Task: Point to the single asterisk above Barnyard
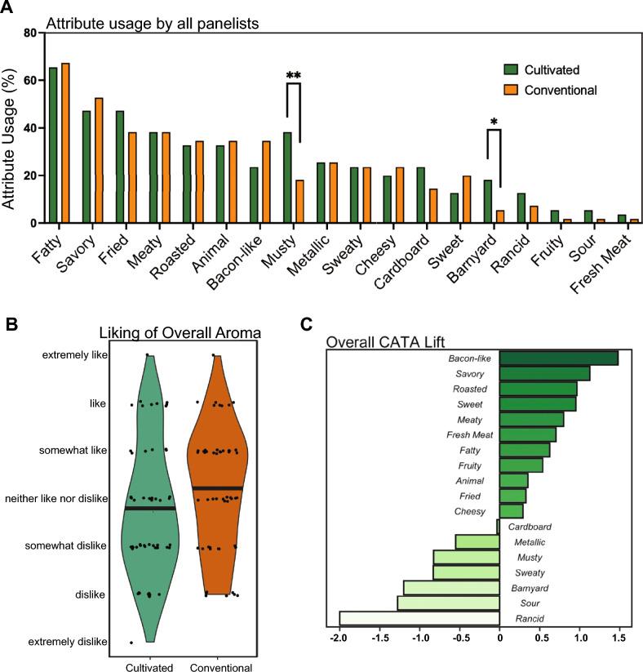click(494, 122)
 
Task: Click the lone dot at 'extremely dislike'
click(131, 643)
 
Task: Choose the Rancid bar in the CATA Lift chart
click(419, 619)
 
